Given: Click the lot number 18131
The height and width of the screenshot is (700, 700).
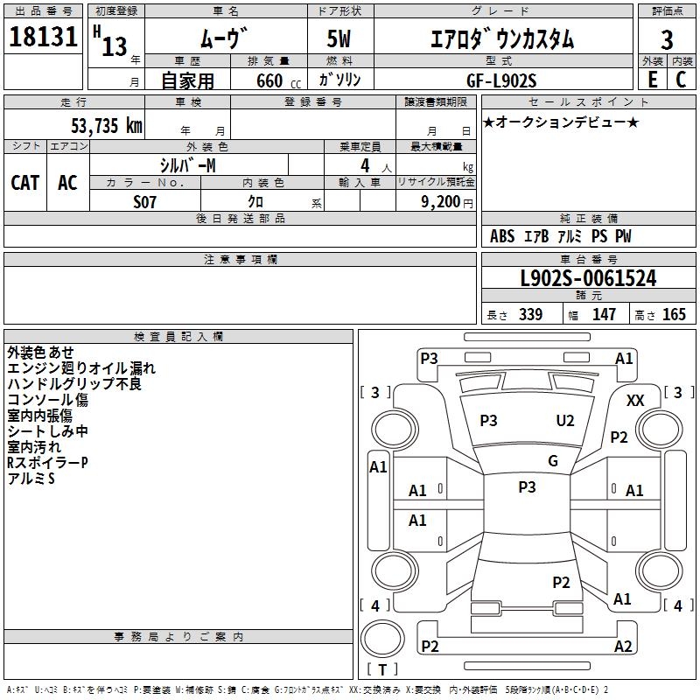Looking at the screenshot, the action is coord(42,38).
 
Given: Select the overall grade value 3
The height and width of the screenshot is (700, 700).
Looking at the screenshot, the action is coord(667,40).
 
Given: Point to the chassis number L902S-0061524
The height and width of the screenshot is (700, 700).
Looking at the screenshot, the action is coord(588,279).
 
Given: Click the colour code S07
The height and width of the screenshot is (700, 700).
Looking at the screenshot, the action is coord(145,201).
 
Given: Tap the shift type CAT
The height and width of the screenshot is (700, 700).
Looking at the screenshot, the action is coord(25,182).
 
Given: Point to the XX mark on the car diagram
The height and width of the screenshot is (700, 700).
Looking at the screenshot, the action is coord(636,400).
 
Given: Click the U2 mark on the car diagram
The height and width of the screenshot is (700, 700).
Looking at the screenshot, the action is coord(565,421).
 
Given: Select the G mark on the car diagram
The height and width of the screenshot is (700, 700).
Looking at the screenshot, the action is coord(553,461).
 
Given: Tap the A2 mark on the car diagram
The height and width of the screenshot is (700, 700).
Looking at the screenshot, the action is coord(623,647).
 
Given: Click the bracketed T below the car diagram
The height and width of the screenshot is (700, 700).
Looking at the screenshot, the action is coord(382,669).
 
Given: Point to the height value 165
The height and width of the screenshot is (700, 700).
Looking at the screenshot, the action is coord(675,315).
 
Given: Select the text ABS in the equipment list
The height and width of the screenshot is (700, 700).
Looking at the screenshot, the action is coord(502,236).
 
